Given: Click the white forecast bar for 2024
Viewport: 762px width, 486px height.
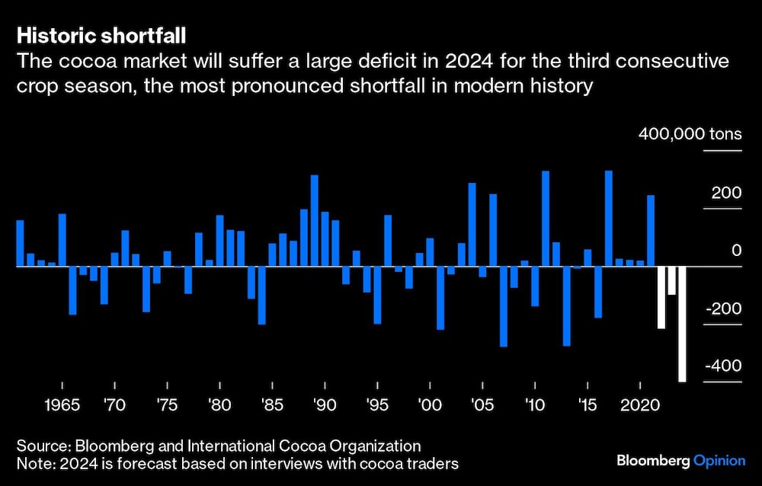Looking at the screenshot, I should click(x=682, y=324).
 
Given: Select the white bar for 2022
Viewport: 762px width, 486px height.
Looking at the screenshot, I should click(x=661, y=297).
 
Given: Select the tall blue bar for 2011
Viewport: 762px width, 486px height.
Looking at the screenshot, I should click(x=546, y=219).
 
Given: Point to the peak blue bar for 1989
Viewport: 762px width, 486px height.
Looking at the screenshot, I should click(x=314, y=221).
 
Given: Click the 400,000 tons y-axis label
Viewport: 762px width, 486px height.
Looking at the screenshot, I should click(x=690, y=135).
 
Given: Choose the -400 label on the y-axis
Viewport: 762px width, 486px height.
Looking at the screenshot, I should click(x=724, y=366).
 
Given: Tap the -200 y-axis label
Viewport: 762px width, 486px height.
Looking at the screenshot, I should click(x=724, y=309).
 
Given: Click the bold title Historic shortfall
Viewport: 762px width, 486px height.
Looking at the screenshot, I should click(x=101, y=36).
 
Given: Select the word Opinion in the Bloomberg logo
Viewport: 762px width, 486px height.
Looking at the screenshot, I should click(x=720, y=461).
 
